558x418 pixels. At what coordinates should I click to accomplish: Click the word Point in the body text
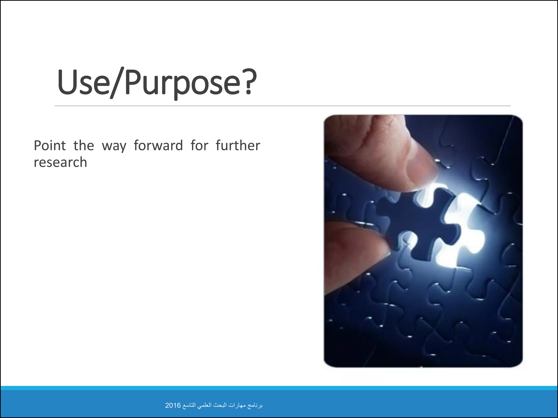tap(50, 146)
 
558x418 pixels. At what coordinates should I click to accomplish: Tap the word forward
tap(158, 146)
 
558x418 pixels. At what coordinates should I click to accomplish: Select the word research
tap(60, 162)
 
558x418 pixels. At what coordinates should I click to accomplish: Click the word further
tap(238, 146)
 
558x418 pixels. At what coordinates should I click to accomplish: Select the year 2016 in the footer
tap(173, 405)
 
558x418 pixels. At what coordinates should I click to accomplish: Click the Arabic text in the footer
tap(222, 405)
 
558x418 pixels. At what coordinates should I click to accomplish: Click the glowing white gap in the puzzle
tap(463, 231)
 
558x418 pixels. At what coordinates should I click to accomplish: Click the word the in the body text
tap(84, 146)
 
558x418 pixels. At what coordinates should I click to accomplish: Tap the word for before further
tap(199, 146)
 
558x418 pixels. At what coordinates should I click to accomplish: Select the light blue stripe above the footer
tap(279, 388)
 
